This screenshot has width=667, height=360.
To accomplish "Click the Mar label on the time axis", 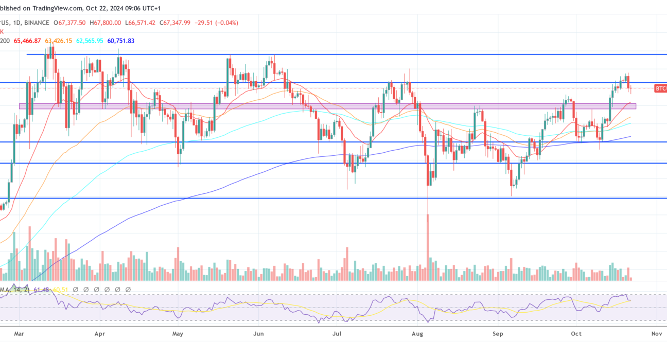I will coord(19,334).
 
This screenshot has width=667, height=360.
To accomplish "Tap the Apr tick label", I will coord(100,334).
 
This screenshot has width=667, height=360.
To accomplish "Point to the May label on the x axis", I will coord(178,334).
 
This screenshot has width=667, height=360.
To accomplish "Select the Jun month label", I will coord(259,334).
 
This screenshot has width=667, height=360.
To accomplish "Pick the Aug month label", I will coord(417,334).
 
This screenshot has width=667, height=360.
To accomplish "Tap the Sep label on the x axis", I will coord(498,334).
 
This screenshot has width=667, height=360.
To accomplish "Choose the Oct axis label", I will coord(576,334).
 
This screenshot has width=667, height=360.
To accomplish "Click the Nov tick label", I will coord(656,334).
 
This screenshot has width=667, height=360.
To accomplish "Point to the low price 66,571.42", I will coord(142,23).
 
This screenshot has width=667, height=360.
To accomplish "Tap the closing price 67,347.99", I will coord(177,23).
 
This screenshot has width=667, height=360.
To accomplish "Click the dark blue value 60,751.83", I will coord(121,40).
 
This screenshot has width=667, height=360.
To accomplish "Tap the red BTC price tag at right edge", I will coord(660,89).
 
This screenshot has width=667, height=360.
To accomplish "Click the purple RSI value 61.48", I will coord(42,290).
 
